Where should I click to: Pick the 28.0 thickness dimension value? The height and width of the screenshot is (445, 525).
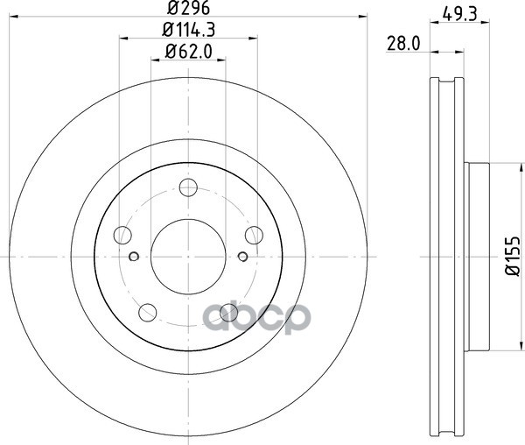coord(403,42)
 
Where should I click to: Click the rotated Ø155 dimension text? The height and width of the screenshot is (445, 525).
coord(510,255)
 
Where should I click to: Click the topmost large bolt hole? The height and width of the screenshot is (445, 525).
coord(187,187)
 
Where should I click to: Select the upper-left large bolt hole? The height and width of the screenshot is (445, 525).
coord(123,234)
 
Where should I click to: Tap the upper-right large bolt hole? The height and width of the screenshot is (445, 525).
coord(253,234)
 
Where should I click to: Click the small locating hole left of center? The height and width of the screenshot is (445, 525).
coord(134,256)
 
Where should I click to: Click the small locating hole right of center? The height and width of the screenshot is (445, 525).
coord(242,256)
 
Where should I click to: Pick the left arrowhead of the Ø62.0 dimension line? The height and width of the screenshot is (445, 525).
coord(155,60)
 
